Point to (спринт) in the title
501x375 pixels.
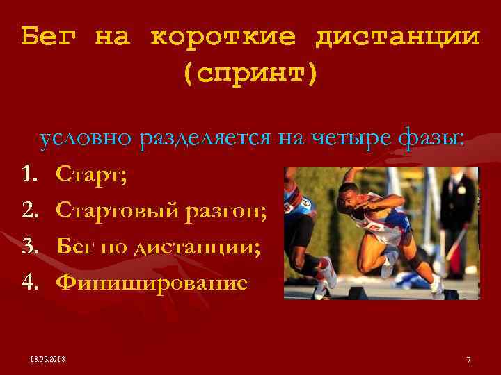(x=250, y=72)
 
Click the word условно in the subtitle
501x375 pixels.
(x=86, y=139)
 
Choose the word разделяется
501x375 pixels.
(x=205, y=139)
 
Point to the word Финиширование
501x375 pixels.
(x=151, y=282)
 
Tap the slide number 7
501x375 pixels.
(x=468, y=359)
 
